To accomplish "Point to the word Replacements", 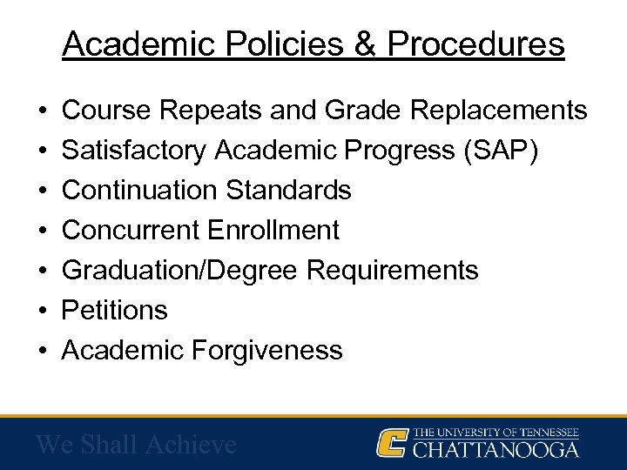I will point(500,111).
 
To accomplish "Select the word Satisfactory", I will point(134,151).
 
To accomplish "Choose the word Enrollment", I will point(274,230).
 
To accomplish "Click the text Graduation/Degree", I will point(181,270).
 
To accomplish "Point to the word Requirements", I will point(393,270).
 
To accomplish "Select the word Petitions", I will point(116,310).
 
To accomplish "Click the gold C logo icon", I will point(393,443).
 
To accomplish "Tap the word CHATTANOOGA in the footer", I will point(496,450).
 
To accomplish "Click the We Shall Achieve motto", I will point(136,445).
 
